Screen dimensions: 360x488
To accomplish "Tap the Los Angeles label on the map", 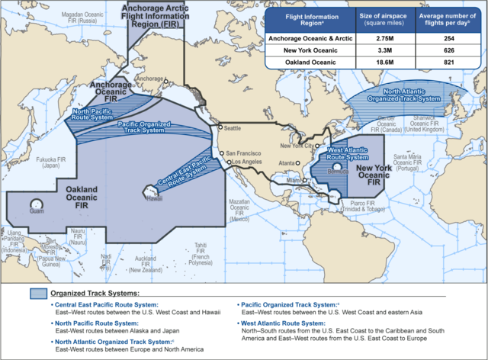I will point(246,162).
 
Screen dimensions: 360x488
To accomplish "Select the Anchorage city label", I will point(149,79).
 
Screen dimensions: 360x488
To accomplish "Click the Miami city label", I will point(292,181).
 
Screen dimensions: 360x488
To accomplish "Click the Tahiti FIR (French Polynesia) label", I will point(201,252).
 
